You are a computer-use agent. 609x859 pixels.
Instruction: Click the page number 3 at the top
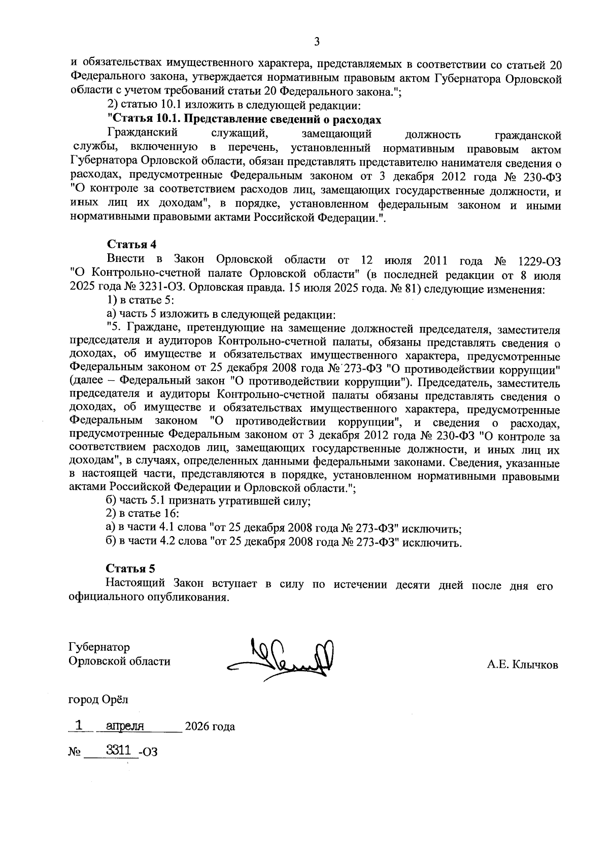317,42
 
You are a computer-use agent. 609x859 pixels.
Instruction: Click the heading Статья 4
130,244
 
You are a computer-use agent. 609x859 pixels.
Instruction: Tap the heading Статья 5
130,568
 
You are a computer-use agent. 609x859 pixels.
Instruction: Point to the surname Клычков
535,665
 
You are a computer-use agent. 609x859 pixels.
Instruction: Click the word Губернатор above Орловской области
99,647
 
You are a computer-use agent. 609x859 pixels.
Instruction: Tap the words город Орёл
98,700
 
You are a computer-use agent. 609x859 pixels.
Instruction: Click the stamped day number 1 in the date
79,725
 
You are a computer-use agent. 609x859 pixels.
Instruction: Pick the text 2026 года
210,726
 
